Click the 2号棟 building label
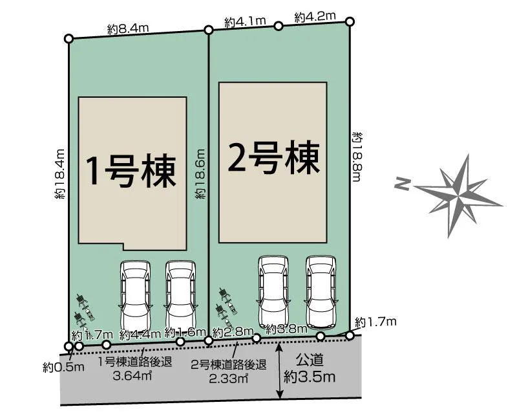(x=273, y=157)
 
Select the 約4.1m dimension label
(x=246, y=22)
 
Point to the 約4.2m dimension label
(x=315, y=17)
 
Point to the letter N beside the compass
(x=402, y=185)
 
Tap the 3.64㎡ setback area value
(x=133, y=375)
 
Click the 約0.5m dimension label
(x=65, y=368)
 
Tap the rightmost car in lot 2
(x=321, y=291)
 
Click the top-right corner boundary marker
(x=350, y=21)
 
